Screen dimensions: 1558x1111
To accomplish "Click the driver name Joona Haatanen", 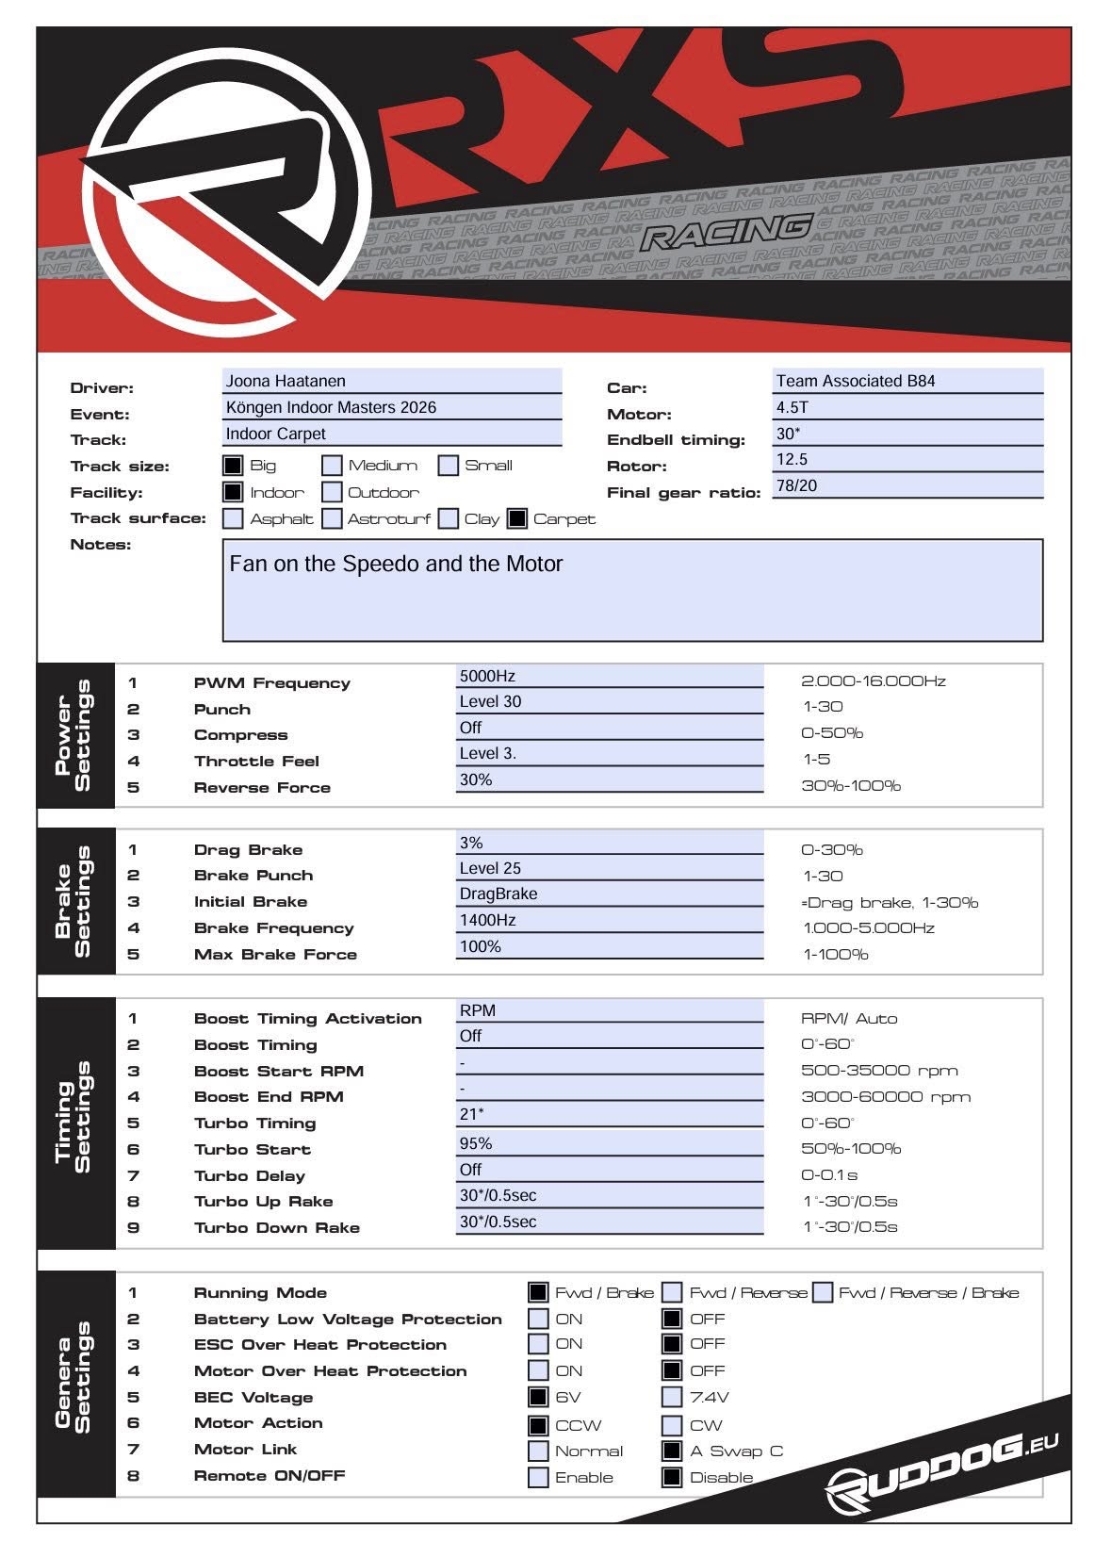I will (x=286, y=381).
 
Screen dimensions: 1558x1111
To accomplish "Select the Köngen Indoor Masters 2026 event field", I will (x=331, y=407).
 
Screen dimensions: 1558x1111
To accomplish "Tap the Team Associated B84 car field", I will (x=855, y=381).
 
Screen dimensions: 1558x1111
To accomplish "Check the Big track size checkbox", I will (x=233, y=466).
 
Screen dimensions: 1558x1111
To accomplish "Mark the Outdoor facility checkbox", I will (x=332, y=492).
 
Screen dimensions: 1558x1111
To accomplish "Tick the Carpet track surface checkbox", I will (x=517, y=518).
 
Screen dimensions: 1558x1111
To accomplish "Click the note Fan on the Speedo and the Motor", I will (x=396, y=564).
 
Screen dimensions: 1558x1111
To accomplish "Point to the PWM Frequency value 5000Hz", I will (x=487, y=676).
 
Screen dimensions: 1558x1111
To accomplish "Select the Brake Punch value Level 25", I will (x=490, y=868).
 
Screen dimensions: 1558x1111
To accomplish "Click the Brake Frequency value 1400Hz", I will (x=487, y=920).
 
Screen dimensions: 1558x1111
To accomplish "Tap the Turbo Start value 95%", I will (x=476, y=1143).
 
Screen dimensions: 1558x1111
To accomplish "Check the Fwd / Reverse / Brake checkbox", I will (x=823, y=1292).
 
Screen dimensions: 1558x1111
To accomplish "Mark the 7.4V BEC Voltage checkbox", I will (x=672, y=1397).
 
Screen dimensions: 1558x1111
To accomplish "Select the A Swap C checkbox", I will (x=672, y=1451).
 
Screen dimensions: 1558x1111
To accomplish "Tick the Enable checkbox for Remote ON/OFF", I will (x=538, y=1477).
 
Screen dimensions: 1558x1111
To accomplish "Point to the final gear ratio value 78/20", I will (x=796, y=485).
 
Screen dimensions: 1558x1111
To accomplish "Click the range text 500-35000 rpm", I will (x=878, y=1071).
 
